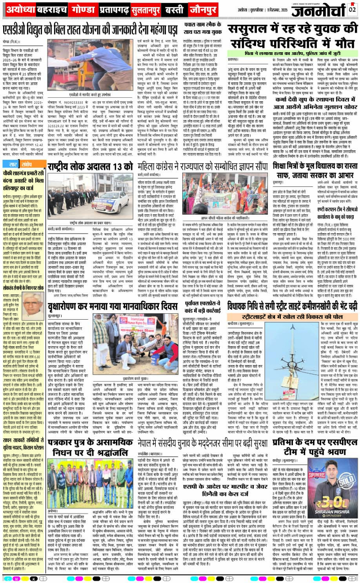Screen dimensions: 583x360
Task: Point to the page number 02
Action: tap(353, 9)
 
